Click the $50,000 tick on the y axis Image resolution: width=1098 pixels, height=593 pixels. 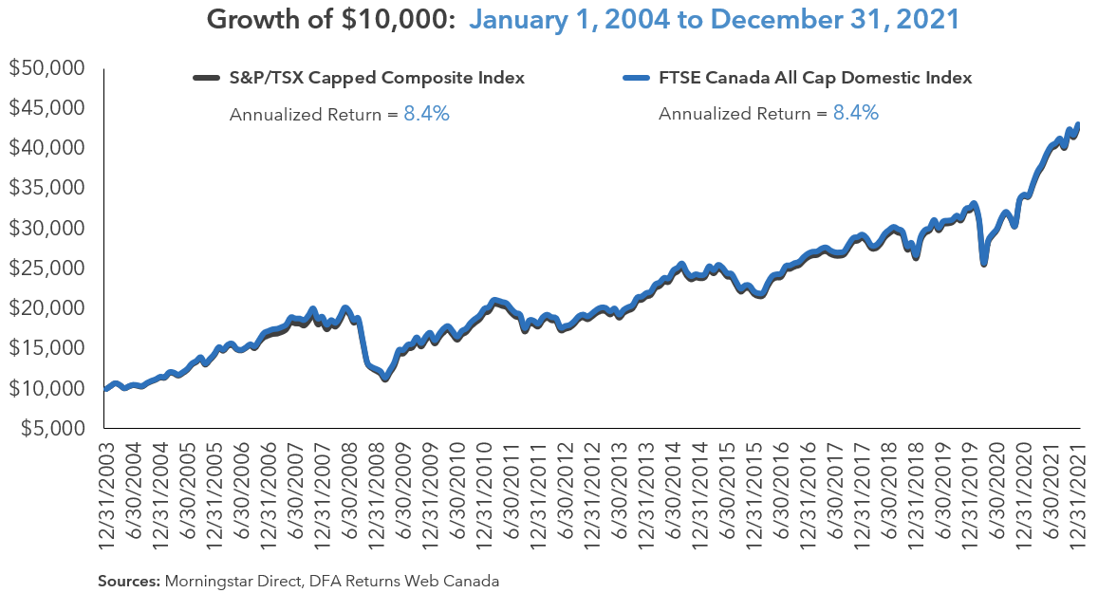47,67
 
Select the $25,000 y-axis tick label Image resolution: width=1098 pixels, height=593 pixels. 47,268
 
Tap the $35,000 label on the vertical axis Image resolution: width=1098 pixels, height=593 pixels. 47,188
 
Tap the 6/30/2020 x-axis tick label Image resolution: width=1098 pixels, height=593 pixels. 997,491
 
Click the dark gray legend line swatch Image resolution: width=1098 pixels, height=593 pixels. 206,78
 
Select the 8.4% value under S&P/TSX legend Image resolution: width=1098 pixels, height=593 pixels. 426,113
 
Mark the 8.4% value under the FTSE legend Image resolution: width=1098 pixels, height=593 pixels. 855,113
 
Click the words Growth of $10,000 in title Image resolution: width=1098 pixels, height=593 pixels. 332,20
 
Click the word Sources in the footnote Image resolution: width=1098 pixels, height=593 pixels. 128,581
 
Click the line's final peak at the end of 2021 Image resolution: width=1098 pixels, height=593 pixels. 1079,124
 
